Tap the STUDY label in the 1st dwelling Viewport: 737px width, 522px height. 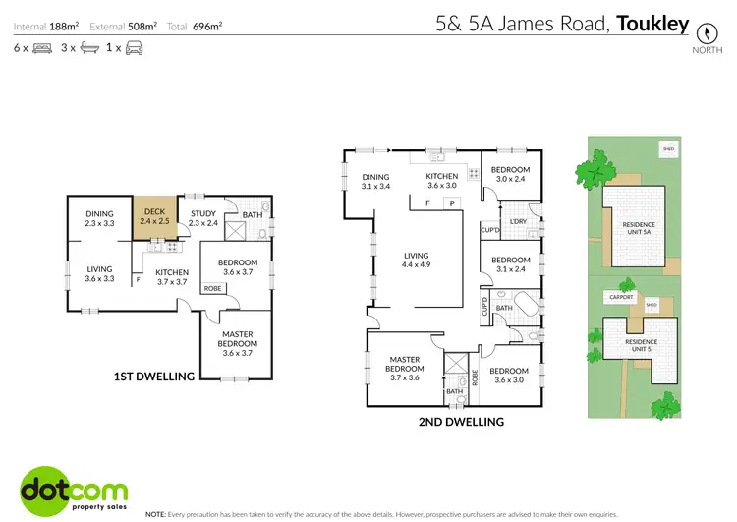(203, 213)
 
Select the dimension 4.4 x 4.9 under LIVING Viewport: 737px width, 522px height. (417, 263)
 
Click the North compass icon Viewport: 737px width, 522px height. (702, 30)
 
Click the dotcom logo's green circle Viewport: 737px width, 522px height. (44, 486)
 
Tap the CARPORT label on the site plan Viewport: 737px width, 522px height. (620, 295)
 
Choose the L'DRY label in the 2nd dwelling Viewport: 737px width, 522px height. (517, 221)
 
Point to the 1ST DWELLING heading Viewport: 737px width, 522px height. (154, 376)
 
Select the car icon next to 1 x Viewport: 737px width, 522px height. (134, 47)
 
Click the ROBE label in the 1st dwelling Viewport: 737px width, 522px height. (211, 288)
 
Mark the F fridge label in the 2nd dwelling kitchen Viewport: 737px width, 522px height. (427, 203)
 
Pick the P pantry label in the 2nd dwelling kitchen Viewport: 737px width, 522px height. (451, 203)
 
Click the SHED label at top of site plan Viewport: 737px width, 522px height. (668, 148)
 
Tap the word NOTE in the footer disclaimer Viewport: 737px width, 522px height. (155, 514)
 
